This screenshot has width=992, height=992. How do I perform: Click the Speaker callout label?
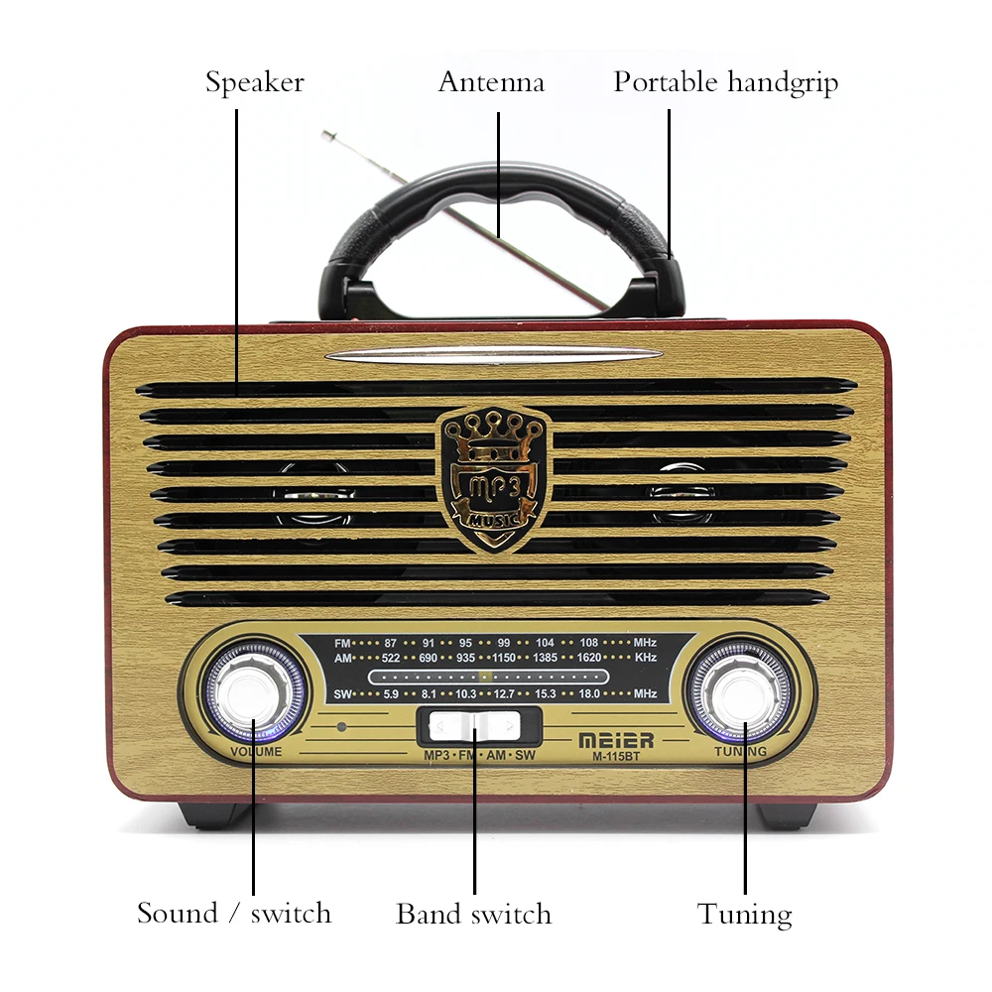254,82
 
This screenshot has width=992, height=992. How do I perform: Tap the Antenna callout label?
491,82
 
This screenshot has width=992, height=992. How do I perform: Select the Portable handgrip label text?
725,82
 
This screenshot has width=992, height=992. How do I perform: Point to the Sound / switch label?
234,913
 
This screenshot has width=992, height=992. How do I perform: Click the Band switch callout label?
473,913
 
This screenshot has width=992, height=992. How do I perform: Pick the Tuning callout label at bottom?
744,914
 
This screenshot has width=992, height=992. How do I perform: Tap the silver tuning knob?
740,691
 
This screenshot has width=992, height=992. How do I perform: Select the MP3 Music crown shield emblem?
493,474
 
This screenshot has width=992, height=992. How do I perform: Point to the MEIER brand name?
615,740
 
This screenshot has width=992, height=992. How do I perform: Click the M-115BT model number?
615,759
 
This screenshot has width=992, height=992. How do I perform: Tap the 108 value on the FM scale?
589,643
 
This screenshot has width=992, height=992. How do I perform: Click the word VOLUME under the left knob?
256,752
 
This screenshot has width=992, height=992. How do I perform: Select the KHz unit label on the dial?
646,658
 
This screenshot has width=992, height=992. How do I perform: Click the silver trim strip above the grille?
493,355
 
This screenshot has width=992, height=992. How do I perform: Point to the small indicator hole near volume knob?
342,727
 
